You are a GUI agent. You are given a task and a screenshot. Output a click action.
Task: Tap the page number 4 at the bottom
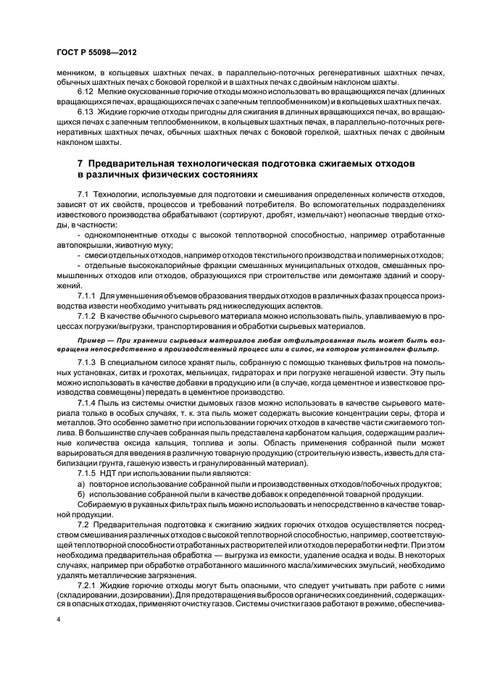click(x=59, y=621)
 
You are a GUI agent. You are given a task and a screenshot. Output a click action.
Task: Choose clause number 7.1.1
click(x=88, y=296)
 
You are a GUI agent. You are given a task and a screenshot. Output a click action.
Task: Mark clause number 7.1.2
click(x=88, y=317)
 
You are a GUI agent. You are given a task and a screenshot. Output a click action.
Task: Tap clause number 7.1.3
click(x=88, y=360)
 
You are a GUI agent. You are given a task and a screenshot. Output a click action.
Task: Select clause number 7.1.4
click(x=88, y=401)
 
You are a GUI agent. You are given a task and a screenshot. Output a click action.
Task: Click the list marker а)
click(x=80, y=483)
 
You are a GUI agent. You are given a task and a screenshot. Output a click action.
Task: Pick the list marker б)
click(x=80, y=493)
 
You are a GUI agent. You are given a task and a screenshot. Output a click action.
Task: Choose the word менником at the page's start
click(x=75, y=72)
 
